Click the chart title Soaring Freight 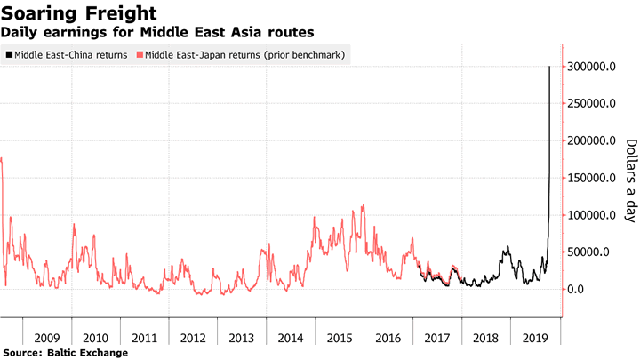coord(81,13)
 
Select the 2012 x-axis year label coord(194,338)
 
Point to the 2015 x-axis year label coord(340,338)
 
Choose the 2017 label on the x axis coord(437,338)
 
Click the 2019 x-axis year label coord(533,338)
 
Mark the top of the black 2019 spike coord(549,68)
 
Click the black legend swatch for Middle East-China coord(9,55)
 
